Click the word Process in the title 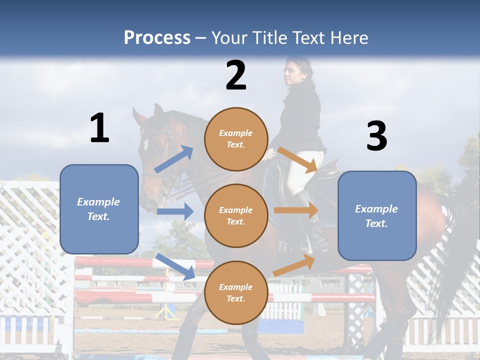[x=157, y=38]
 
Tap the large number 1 [x=99, y=128]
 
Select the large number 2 [x=236, y=75]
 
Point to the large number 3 [x=376, y=136]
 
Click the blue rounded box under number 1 [x=99, y=209]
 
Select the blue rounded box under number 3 [x=377, y=215]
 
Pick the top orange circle [x=236, y=139]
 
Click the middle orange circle [x=236, y=215]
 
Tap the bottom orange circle [x=236, y=292]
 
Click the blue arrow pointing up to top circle [x=174, y=159]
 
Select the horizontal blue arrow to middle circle [x=175, y=211]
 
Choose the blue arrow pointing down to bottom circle [x=175, y=266]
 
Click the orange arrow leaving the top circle [x=297, y=159]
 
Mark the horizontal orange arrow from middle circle [x=295, y=210]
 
